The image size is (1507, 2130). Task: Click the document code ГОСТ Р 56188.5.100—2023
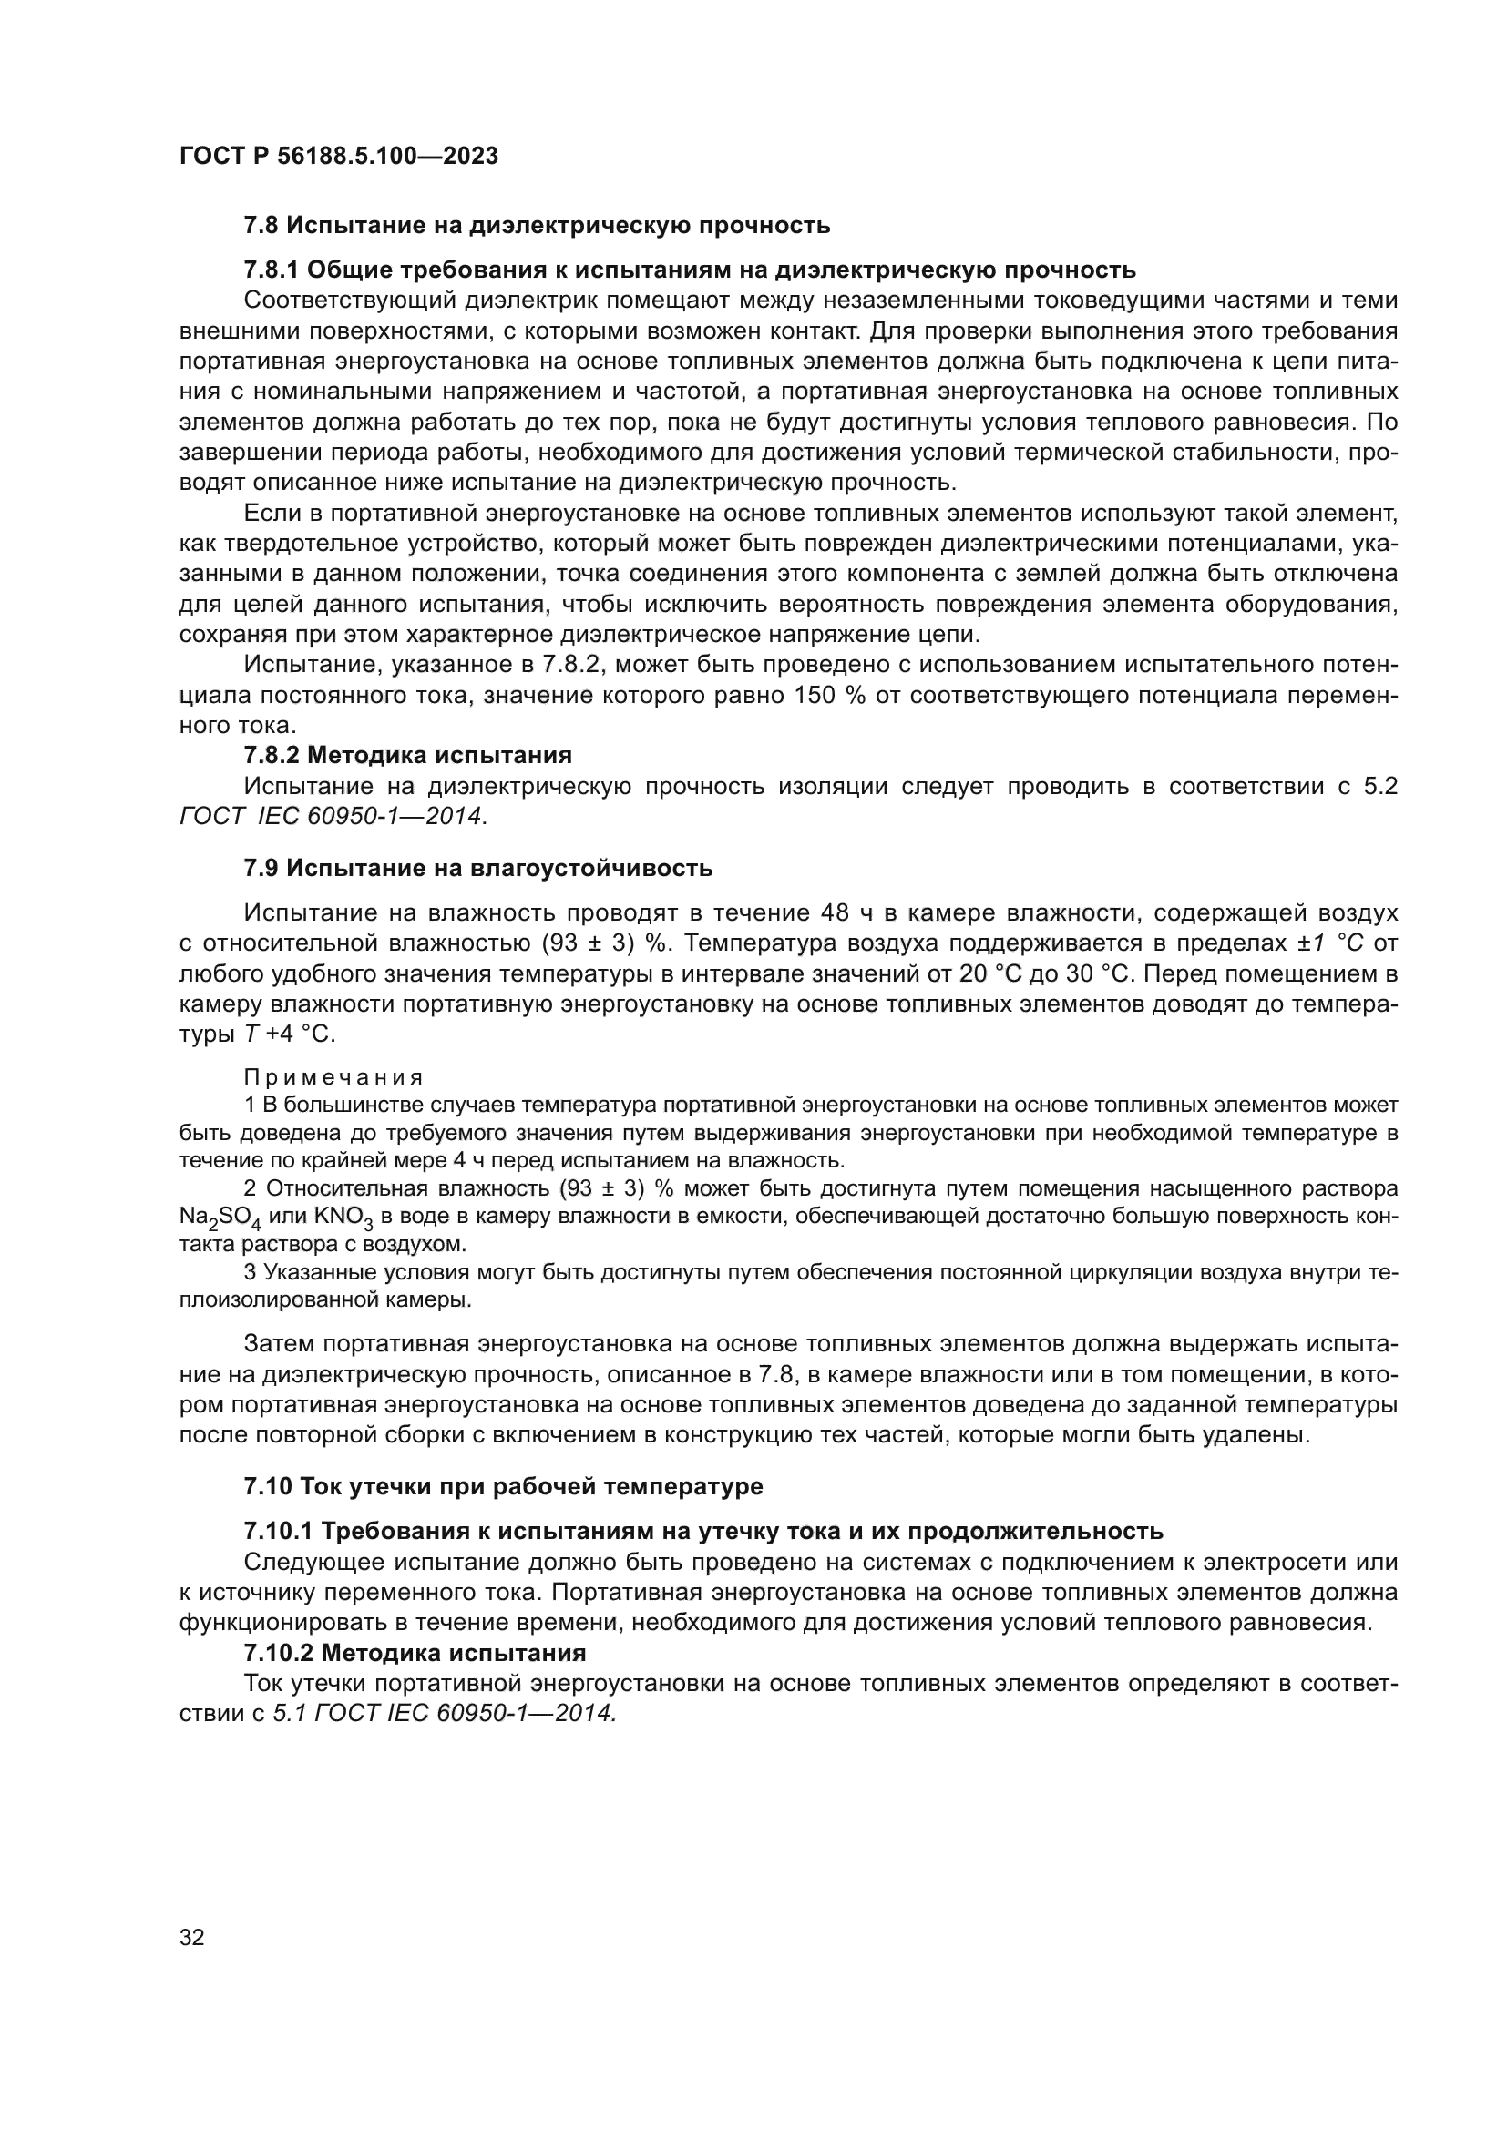[338, 157]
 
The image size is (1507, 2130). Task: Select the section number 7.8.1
[271, 270]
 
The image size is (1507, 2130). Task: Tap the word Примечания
[333, 1077]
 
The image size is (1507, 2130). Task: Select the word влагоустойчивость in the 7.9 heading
[591, 869]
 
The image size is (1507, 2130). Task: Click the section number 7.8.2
[271, 755]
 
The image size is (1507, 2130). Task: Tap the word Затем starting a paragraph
[281, 1343]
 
